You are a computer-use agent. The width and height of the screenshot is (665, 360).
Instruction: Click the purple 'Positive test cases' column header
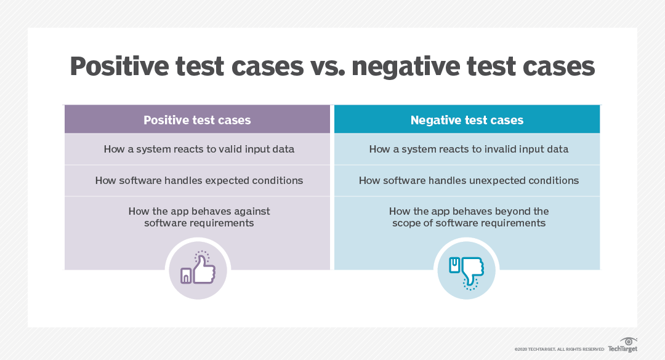197,120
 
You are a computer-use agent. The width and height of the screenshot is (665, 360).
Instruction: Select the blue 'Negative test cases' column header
467,120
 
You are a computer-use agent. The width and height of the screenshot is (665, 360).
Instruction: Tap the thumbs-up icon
197,268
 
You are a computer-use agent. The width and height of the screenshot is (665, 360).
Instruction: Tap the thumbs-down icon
467,268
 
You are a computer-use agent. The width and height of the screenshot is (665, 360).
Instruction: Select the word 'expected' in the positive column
228,180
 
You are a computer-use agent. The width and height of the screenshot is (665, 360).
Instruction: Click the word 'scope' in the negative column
407,223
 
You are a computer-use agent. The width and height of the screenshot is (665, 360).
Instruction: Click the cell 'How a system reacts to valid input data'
198,149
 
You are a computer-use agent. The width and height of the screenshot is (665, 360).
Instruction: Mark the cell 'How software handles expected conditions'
198,180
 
